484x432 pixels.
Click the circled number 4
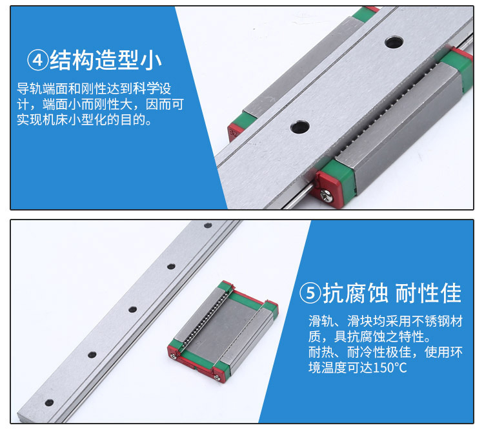(x=37, y=60)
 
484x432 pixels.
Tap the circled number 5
(x=310, y=293)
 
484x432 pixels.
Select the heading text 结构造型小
(x=106, y=60)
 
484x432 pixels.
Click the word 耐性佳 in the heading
(x=429, y=293)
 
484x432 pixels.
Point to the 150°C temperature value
(x=390, y=367)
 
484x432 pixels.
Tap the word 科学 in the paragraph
(x=145, y=88)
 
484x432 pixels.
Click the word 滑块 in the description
(x=360, y=321)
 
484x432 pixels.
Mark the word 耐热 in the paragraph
(x=321, y=352)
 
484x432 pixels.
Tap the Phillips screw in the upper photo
(x=327, y=195)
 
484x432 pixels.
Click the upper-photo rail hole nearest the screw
(x=299, y=127)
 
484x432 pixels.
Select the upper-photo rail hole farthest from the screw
(x=394, y=42)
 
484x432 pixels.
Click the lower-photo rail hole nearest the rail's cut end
(x=49, y=403)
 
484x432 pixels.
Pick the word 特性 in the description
(x=412, y=336)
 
